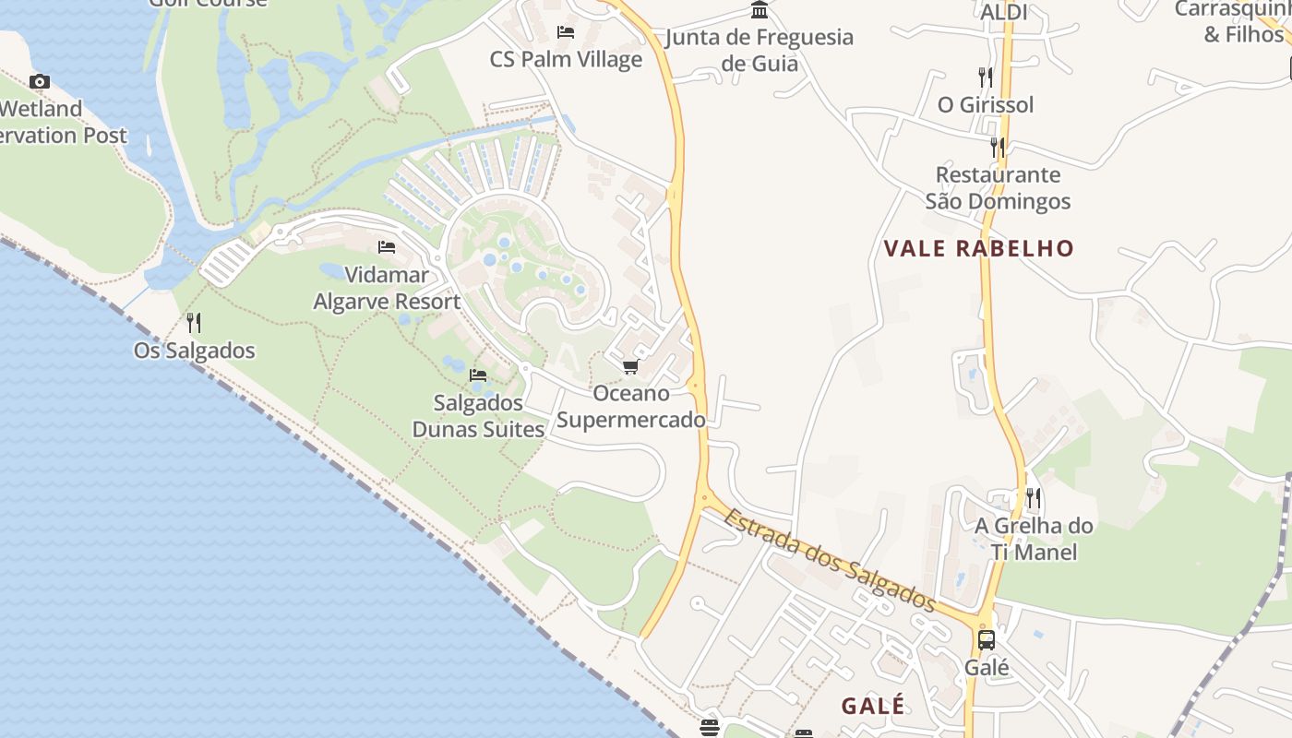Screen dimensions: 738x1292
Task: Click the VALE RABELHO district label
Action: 979,248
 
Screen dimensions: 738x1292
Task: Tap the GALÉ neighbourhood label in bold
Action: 873,706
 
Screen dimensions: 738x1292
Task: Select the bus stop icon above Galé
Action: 986,639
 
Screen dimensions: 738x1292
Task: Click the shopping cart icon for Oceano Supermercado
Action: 630,367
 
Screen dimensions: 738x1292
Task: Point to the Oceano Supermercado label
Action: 631,407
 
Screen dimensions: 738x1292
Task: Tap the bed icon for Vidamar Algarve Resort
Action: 387,247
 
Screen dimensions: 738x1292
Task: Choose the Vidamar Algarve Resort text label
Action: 387,288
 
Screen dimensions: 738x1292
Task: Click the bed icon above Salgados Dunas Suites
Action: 478,375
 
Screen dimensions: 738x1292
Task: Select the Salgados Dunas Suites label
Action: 478,416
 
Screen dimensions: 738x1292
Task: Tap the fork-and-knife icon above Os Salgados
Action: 194,323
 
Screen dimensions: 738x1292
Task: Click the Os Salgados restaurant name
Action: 194,351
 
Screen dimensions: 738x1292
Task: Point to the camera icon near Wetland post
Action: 39,81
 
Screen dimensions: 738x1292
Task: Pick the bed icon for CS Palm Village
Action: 566,32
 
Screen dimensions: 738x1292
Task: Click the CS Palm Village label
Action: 566,60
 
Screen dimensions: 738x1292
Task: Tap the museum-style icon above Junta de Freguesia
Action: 760,10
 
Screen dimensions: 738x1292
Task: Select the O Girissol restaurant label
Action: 986,105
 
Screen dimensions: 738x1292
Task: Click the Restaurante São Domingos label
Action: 998,188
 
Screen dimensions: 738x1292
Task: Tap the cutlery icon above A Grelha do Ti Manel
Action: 1034,499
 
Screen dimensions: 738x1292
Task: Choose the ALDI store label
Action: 1003,13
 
